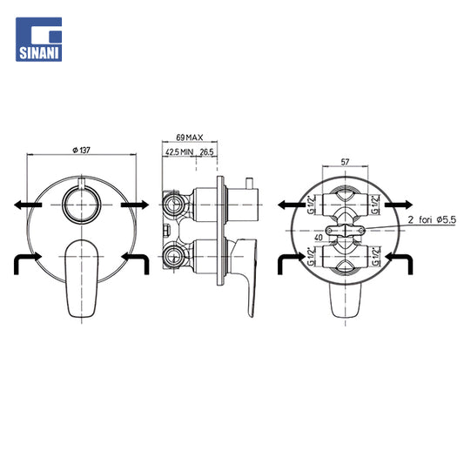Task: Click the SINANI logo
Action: coord(39,39)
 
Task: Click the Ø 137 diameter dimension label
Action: coord(81,150)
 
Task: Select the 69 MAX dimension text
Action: coord(190,138)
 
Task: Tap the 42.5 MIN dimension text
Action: coord(179,152)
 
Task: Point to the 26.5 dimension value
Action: coord(206,152)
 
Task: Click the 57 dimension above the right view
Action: coord(345,162)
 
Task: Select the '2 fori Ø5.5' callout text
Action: coord(432,220)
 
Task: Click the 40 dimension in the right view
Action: coord(319,238)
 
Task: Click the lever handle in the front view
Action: coord(81,279)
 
